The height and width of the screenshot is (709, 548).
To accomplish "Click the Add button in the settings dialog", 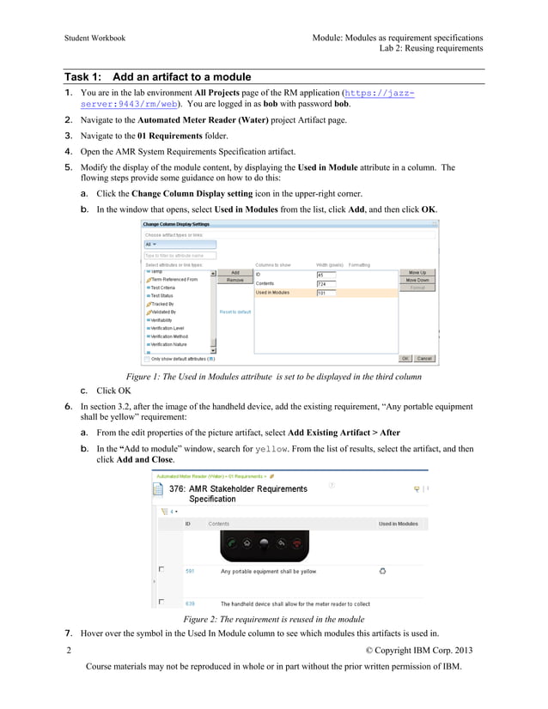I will point(234,272).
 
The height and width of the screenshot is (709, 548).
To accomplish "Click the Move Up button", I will point(417,272).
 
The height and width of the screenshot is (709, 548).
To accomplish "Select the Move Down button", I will point(417,280).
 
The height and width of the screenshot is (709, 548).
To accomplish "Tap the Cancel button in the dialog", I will point(424,358).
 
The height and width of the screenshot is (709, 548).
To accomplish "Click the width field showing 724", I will point(326,283).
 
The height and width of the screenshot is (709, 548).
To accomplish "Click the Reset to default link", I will point(235,312).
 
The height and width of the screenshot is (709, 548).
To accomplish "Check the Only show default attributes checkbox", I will point(147,359).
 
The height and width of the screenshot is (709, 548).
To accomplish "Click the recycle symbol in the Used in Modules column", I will point(382,569).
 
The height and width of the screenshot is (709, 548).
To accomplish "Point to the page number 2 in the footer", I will point(68,650).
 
